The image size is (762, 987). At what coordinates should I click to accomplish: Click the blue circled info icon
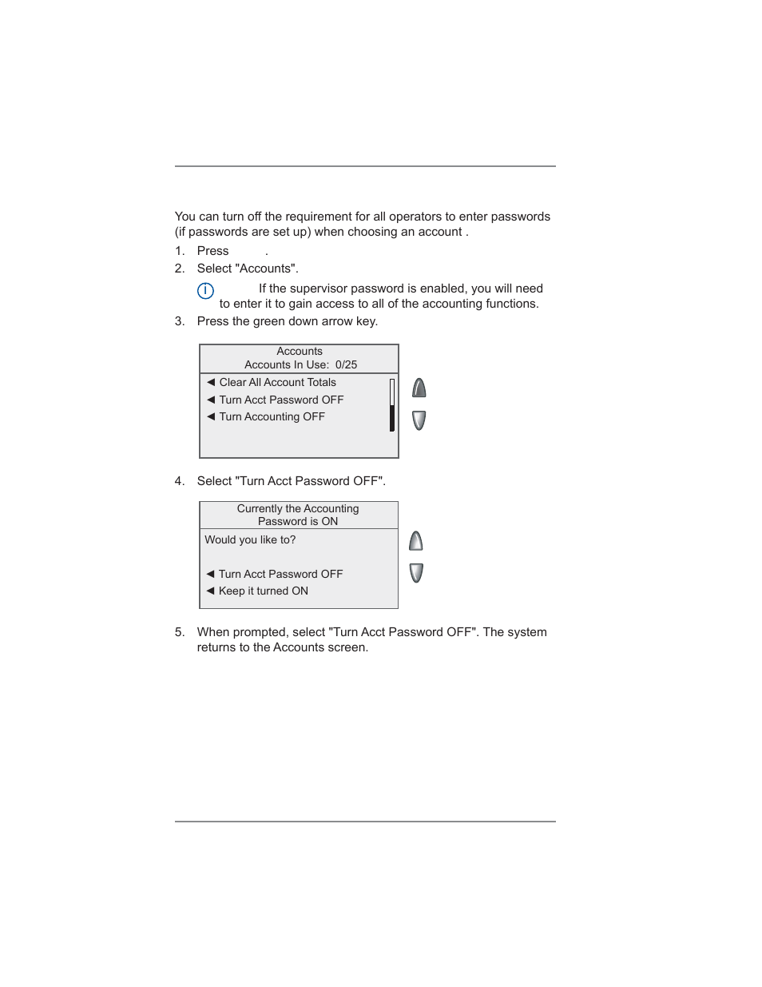click(205, 291)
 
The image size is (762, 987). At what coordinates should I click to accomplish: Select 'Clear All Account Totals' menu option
click(277, 383)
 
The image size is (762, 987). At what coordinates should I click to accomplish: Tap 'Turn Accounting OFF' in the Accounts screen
click(272, 417)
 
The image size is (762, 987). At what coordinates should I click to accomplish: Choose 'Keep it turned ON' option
click(263, 591)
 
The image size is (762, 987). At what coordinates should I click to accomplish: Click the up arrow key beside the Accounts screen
click(419, 388)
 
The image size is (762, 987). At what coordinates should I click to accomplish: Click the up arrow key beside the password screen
click(416, 542)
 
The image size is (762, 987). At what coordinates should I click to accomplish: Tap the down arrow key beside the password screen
click(416, 573)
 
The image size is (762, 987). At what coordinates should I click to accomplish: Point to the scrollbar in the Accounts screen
click(392, 405)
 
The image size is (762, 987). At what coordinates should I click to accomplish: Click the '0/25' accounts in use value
click(346, 365)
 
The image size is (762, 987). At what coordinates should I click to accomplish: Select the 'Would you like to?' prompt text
click(250, 540)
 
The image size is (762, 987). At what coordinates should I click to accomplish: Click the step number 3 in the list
click(179, 321)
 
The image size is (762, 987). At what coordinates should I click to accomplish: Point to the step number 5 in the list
click(179, 632)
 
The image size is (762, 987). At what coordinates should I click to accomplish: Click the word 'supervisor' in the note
click(324, 289)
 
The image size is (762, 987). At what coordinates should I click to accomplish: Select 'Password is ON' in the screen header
click(297, 522)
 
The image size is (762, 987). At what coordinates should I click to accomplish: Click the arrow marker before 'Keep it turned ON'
click(210, 591)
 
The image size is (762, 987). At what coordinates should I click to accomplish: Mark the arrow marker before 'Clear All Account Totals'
click(211, 383)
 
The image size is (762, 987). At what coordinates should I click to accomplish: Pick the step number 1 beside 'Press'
click(179, 251)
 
